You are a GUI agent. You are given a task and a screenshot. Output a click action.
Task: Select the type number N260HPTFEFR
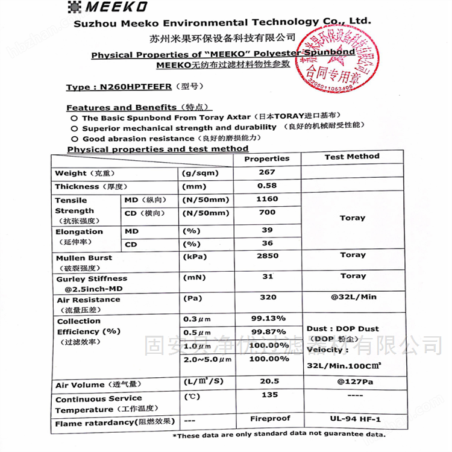(119, 87)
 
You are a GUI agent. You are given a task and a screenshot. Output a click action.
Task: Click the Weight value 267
(267, 172)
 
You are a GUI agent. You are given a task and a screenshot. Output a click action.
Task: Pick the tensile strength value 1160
(267, 199)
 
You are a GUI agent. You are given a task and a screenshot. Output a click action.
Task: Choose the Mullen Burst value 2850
(267, 256)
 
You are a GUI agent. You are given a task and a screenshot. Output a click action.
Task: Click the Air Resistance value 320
(268, 297)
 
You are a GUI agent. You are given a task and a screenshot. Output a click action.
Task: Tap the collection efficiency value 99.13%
(268, 318)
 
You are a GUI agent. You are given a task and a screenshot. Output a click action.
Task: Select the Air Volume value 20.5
(268, 381)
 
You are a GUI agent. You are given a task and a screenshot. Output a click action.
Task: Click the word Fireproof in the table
(270, 418)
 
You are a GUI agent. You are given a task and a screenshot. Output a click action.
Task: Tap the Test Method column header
(352, 157)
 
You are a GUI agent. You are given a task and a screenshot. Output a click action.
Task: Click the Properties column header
(267, 159)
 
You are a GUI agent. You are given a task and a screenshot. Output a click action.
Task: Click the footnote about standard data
(279, 435)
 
